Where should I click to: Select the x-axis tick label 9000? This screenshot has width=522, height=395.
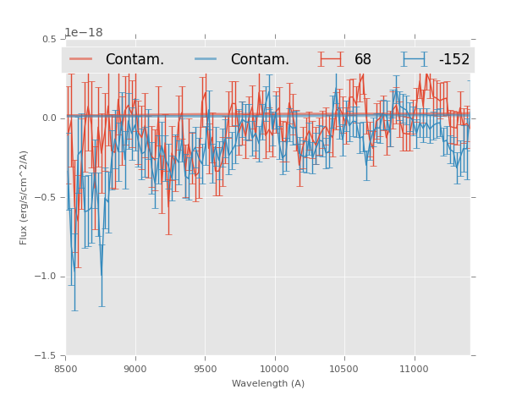135,369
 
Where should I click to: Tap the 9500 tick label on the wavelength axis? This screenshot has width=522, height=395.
205,369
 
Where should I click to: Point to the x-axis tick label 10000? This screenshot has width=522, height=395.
274,369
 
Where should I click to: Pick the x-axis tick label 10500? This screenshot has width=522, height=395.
344,369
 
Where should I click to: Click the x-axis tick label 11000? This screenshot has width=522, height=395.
414,369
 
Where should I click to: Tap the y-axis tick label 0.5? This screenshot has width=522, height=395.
49,40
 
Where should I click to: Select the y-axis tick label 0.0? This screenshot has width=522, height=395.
49,118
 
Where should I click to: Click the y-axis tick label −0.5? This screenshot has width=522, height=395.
47,198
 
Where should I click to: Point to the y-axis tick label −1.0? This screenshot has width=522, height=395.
47,277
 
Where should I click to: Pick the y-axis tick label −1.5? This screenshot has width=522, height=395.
47,356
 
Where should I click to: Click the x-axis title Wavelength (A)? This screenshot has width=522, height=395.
268,384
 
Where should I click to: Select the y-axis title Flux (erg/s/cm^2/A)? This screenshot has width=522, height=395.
25,197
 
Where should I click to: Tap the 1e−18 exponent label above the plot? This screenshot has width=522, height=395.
83,33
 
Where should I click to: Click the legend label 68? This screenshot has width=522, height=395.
363,60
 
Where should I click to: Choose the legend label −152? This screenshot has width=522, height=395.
453,60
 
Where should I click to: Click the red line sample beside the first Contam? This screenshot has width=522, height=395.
81,59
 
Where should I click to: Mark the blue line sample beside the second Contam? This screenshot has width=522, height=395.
206,59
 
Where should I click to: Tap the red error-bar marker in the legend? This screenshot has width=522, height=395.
331,59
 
